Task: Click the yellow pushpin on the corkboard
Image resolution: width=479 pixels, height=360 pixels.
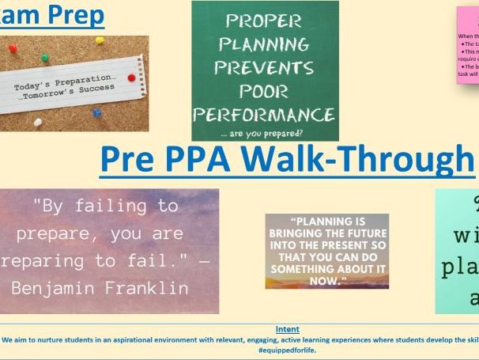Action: [x=100, y=40]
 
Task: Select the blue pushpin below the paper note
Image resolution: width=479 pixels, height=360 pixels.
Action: [x=96, y=113]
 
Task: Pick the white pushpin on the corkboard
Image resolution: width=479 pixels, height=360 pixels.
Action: [x=37, y=122]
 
